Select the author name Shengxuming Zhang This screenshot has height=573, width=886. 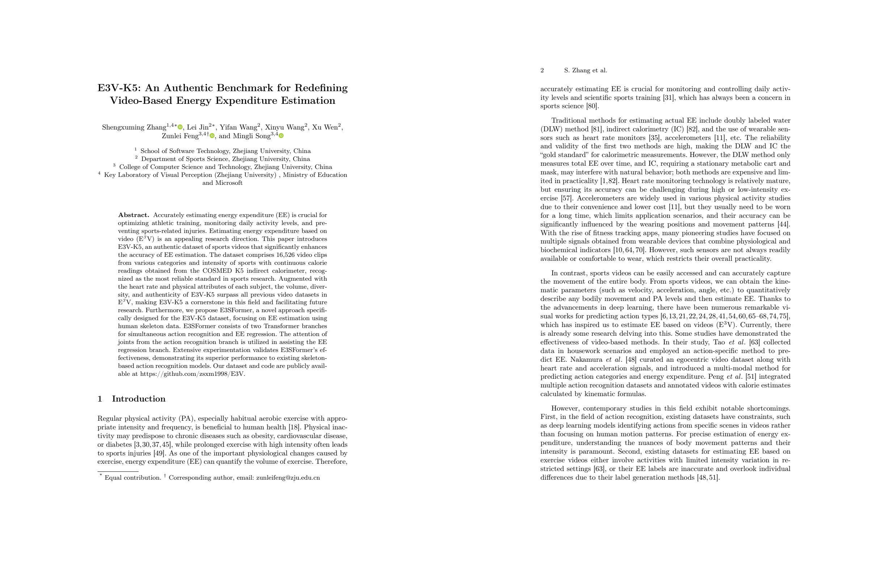pyautogui.click(x=134, y=128)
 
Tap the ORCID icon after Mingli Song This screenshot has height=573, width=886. pyautogui.click(x=282, y=136)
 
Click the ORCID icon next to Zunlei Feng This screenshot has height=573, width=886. pyautogui.click(x=212, y=136)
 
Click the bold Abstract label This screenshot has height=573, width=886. pyautogui.click(x=133, y=215)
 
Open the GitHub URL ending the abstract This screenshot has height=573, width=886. pyautogui.click(x=192, y=374)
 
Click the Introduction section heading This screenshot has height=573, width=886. pyautogui.click(x=139, y=399)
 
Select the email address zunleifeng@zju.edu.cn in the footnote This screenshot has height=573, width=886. pyautogui.click(x=288, y=478)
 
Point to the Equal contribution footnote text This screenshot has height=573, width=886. pyautogui.click(x=132, y=478)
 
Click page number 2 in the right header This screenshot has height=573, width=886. pyautogui.click(x=542, y=70)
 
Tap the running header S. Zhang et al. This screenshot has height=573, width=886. pyautogui.click(x=585, y=70)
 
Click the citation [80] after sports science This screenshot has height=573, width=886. pyautogui.click(x=592, y=106)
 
